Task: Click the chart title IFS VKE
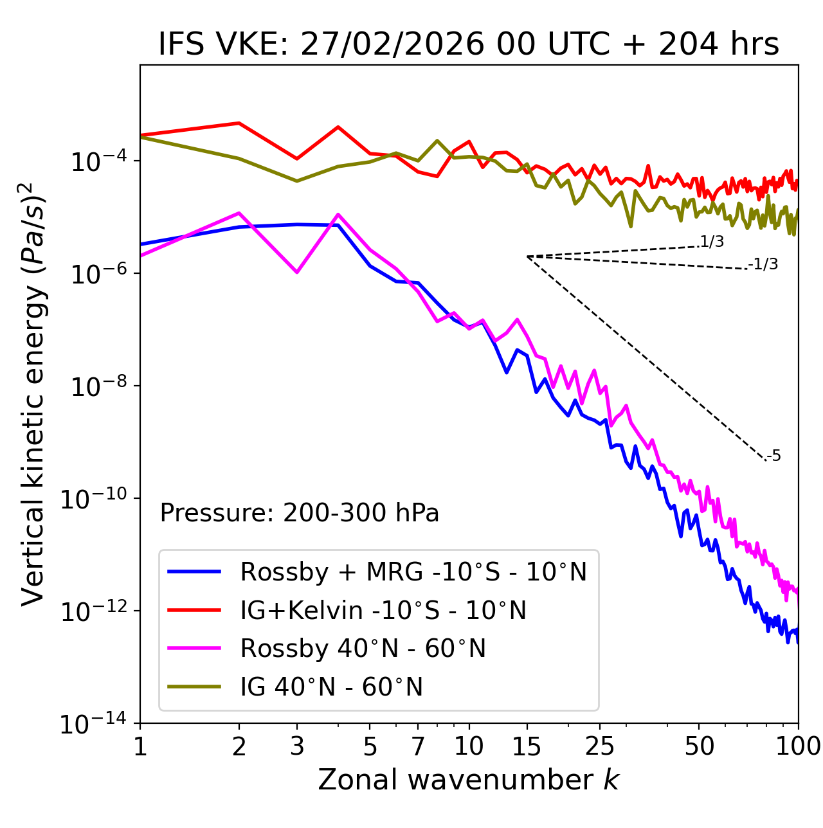click(468, 44)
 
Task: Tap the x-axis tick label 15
click(527, 746)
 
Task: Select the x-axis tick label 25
click(599, 746)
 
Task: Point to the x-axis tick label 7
click(418, 746)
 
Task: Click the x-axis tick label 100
click(797, 746)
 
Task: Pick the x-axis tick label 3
click(297, 746)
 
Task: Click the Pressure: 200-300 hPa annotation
click(299, 513)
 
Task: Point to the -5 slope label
click(773, 456)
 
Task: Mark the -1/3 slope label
click(763, 264)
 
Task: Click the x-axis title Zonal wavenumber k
click(468, 780)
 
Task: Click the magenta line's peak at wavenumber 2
click(239, 213)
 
